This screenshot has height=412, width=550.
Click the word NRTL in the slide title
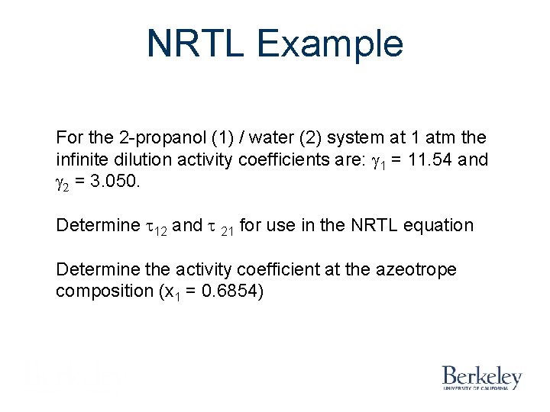pyautogui.click(x=196, y=43)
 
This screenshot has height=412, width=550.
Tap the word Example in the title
pyautogui.click(x=330, y=43)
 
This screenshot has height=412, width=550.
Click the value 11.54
pyautogui.click(x=433, y=160)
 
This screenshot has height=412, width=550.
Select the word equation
pyautogui.click(x=440, y=226)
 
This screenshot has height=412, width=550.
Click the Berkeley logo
pyautogui.click(x=481, y=377)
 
